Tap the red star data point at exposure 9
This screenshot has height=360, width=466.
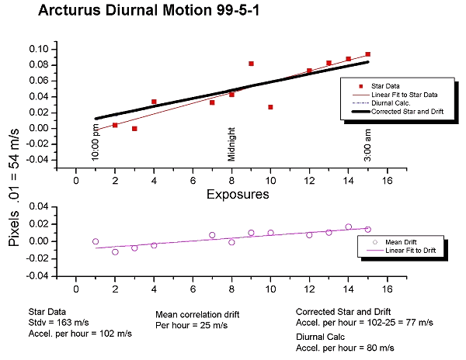tap(251, 64)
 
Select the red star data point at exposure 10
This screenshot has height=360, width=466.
tap(270, 107)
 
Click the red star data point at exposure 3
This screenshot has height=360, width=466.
tap(134, 129)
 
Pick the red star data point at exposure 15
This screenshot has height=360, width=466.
tap(367, 54)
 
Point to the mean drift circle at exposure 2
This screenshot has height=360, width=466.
tap(115, 251)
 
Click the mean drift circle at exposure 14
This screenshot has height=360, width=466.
tap(348, 227)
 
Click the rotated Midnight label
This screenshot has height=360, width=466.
tap(231, 144)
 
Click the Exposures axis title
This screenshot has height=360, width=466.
tap(237, 195)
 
